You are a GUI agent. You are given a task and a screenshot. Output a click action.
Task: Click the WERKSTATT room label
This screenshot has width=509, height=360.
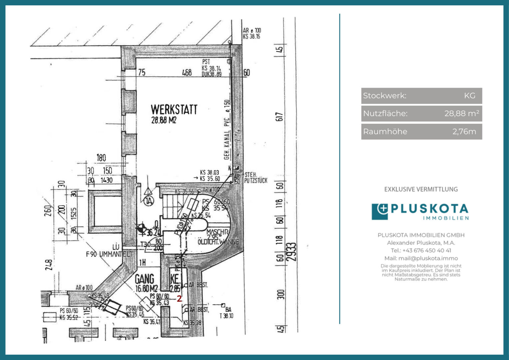point(174,110)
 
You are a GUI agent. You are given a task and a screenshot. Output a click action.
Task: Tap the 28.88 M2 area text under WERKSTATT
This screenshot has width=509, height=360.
point(164,120)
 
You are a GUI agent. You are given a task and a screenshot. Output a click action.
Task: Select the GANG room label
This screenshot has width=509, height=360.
point(145,279)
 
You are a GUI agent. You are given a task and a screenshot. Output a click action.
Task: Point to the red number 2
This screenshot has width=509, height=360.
point(179,299)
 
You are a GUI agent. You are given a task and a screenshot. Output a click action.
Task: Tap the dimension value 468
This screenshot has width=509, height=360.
point(187,73)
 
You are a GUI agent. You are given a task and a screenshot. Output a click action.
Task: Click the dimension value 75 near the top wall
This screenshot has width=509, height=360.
point(142,72)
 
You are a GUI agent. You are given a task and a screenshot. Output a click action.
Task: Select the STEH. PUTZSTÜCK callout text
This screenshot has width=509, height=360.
point(255,178)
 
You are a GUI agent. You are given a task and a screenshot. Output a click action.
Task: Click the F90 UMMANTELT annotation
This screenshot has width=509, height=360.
point(109,254)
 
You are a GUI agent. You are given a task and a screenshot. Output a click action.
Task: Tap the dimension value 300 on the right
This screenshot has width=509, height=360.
point(280,294)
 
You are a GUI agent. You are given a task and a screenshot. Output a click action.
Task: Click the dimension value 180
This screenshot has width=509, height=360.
point(101,158)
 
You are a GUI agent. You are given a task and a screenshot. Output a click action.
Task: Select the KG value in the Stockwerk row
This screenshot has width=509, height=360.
point(469,96)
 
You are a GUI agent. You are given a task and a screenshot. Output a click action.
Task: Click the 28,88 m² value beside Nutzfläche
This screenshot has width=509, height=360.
point(462,114)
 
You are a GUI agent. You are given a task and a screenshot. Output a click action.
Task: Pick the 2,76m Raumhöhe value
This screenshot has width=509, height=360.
point(464,132)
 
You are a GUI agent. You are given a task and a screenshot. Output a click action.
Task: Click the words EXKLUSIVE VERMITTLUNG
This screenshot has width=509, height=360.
point(421,189)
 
